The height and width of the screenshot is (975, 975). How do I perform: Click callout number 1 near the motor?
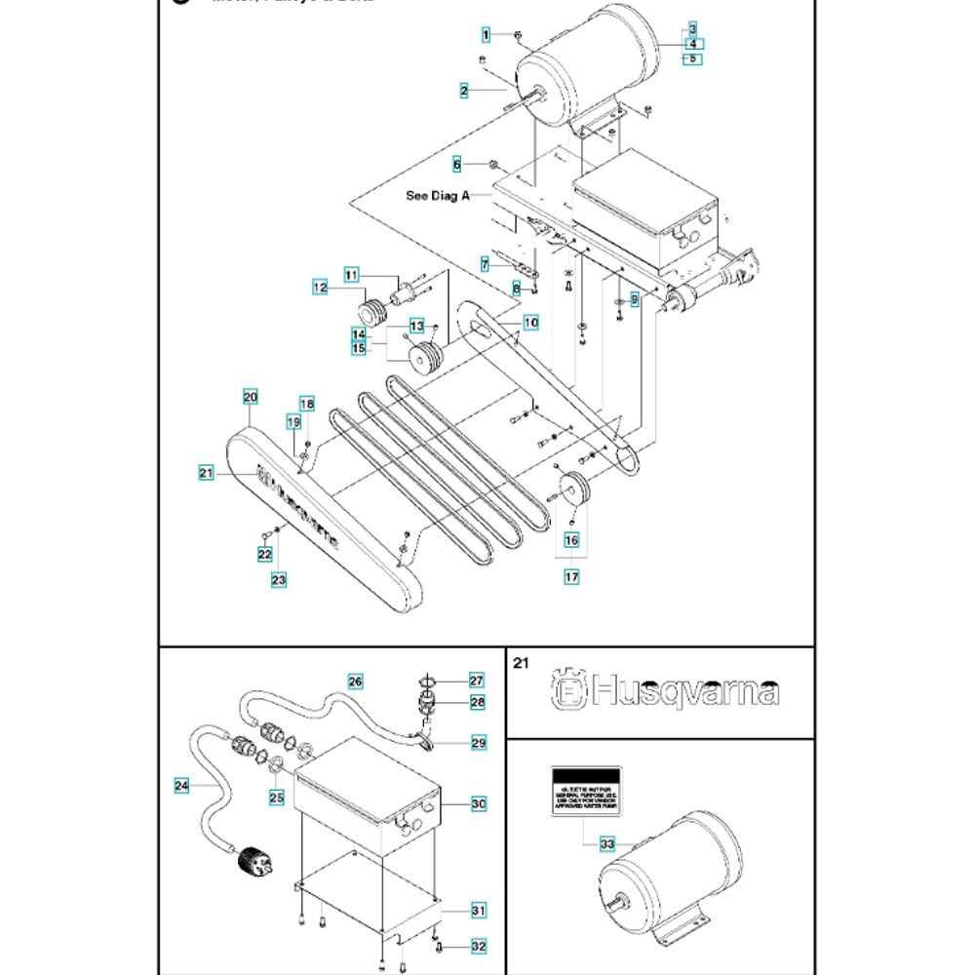tap(486, 36)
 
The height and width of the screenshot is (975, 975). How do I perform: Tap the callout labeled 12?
tap(320, 288)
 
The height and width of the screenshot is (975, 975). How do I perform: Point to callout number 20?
tap(250, 397)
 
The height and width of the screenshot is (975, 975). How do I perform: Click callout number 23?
tap(279, 580)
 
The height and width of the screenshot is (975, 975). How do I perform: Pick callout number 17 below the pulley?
tap(571, 577)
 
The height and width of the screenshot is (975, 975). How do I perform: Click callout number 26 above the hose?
tap(355, 680)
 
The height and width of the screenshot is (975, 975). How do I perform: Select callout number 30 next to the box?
tap(478, 804)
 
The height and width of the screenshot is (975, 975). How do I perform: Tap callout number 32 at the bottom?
tap(478, 947)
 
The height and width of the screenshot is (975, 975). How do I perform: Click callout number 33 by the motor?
tap(606, 843)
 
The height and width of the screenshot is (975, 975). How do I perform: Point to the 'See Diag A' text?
tap(438, 195)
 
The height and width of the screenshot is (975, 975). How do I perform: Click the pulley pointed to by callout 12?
tap(370, 314)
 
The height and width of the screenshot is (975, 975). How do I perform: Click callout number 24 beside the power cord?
tap(181, 785)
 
